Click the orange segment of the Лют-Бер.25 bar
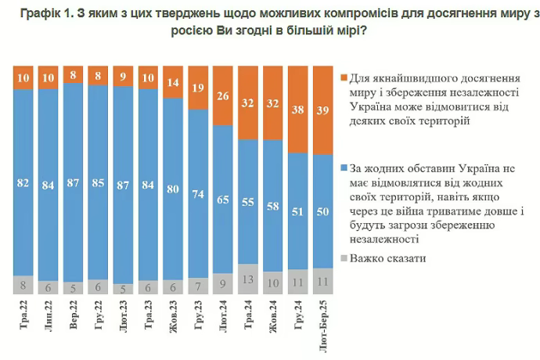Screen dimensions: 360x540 tap(322, 110)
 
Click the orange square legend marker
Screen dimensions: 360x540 tap(345, 78)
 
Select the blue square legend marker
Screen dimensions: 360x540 tap(345, 167)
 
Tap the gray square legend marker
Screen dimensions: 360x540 tap(345, 257)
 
